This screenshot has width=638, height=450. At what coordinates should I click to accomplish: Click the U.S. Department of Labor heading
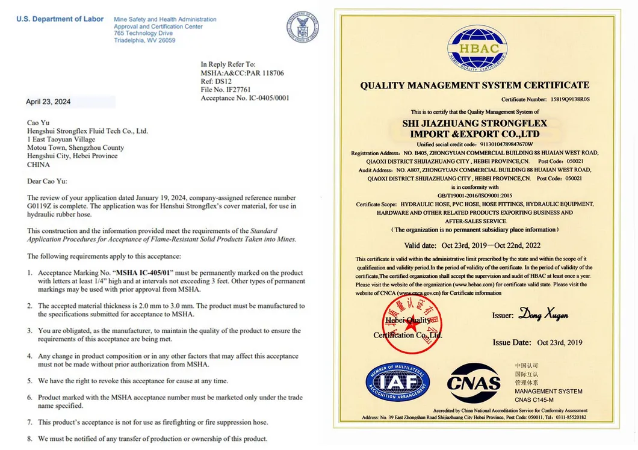[60, 19]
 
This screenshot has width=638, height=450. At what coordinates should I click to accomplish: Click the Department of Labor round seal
[302, 28]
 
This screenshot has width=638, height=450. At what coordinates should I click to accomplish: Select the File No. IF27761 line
[226, 90]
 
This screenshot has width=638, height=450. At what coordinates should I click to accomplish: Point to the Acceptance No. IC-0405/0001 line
[245, 98]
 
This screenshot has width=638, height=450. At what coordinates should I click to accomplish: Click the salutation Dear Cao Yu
[47, 181]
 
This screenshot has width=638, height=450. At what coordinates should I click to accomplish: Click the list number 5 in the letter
[29, 381]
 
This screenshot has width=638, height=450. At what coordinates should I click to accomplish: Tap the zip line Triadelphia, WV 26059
[144, 40]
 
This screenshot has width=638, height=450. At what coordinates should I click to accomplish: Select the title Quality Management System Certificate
[475, 85]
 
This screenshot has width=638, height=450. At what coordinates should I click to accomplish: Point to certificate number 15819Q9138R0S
[570, 99]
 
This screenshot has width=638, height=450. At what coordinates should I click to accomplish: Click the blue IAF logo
[397, 382]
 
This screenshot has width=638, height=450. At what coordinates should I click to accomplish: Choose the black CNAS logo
[474, 383]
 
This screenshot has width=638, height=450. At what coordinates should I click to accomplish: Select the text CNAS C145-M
[534, 399]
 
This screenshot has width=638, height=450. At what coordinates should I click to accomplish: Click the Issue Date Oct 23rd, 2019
[560, 342]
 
